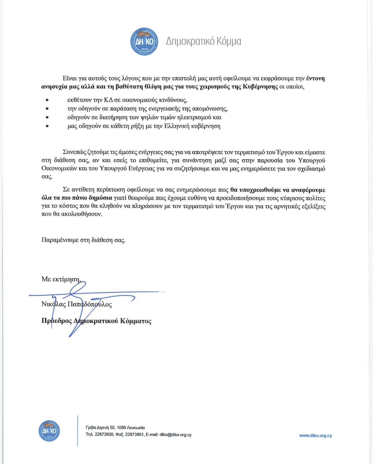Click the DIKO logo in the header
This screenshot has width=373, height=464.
click(144, 41)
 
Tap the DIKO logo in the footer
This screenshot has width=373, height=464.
click(49, 431)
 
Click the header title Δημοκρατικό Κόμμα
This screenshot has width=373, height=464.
click(203, 41)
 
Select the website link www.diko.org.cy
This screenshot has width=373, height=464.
click(315, 436)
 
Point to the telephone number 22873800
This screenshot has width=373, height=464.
click(104, 435)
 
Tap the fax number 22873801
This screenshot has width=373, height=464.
click(134, 435)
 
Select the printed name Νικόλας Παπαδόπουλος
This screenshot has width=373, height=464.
click(77, 304)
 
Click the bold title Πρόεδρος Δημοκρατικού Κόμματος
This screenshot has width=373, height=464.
click(96, 321)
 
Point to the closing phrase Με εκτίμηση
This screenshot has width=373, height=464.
click(61, 279)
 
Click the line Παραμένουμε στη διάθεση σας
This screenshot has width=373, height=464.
click(83, 240)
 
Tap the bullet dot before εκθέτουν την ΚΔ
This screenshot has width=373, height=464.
click(47, 100)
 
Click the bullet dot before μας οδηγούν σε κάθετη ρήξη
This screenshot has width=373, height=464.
click(47, 126)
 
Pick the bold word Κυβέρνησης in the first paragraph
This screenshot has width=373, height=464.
click(260, 87)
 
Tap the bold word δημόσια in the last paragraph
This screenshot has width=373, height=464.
click(100, 198)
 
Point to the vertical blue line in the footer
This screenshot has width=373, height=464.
click(77, 431)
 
